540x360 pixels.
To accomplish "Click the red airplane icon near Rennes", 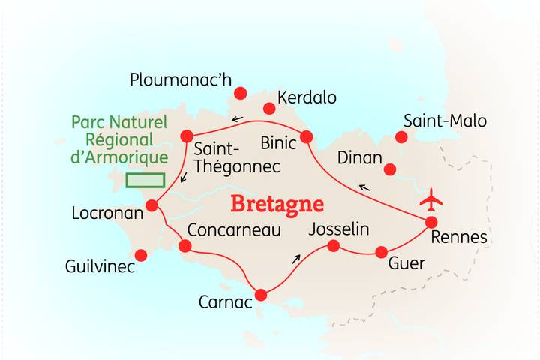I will point(431,200).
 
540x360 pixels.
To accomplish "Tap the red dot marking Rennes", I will point(431,222).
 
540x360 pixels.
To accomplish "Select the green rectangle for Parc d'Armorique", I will point(145,180).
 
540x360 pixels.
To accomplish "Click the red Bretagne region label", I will point(277,204).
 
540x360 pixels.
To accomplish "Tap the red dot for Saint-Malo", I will point(401,137).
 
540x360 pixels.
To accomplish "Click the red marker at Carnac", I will point(261,295).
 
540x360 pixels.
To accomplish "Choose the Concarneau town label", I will point(233,229).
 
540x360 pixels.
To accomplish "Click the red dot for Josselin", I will point(334,245).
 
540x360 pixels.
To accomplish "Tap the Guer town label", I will point(406,264).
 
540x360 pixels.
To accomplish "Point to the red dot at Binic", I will point(306,136).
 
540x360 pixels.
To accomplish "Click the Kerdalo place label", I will point(307,97).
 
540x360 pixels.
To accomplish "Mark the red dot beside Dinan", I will point(389,169).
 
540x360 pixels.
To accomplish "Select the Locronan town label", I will point(106,213).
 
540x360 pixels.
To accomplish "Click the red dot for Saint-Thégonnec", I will point(187,136).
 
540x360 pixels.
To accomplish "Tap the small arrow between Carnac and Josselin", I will point(296,259).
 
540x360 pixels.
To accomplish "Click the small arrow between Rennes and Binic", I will point(363,187).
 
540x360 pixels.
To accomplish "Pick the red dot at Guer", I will point(381,252).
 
